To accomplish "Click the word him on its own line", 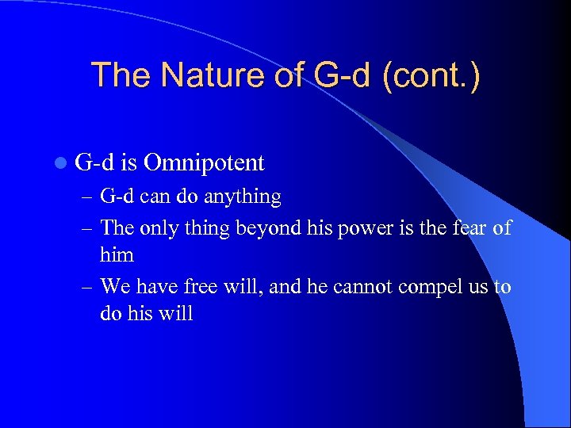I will (x=117, y=254).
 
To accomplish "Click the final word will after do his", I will (x=176, y=312).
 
